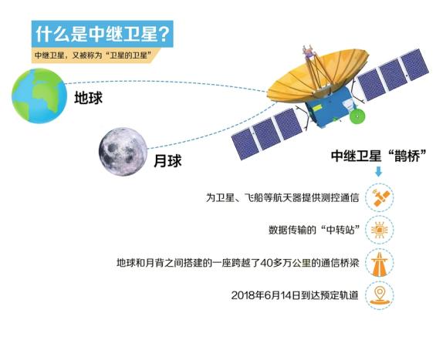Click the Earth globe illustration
39,96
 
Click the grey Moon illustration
123,152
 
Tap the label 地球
88,98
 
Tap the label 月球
167,161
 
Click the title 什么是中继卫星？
103,34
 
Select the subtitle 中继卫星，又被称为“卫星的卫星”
95,55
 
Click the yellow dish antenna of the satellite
317,74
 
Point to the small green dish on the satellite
357,116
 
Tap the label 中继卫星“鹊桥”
379,156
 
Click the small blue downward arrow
378,172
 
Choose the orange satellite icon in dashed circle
379,197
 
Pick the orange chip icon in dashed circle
379,230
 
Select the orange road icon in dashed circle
379,263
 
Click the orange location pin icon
379,295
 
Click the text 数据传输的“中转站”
313,230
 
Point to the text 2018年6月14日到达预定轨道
295,295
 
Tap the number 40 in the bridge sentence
266,263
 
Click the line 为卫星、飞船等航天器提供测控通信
282,198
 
